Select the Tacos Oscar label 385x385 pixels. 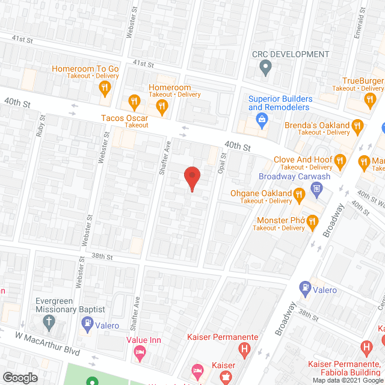tap(125, 121)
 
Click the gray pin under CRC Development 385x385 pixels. tap(265, 69)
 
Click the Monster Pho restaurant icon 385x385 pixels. tap(312, 222)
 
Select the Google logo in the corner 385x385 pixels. tap(20, 377)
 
